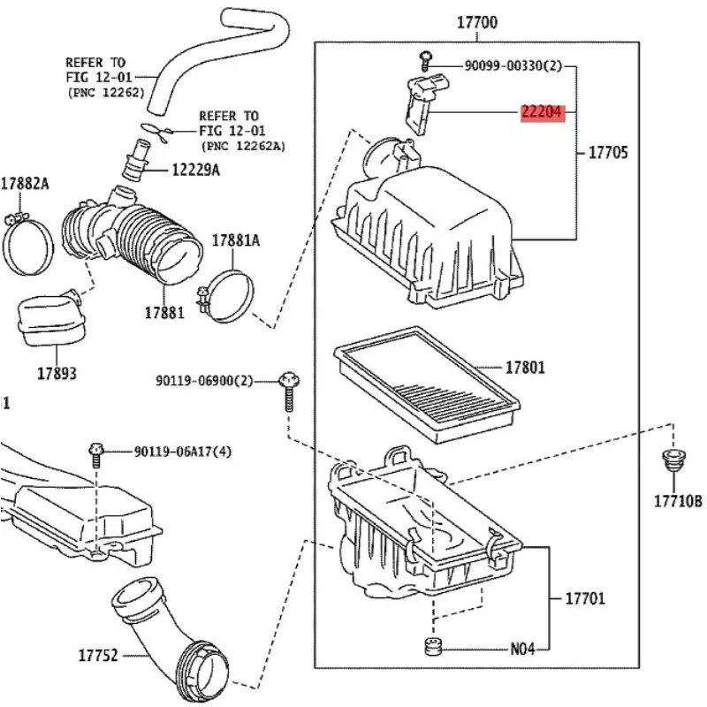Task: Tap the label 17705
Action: pyautogui.click(x=609, y=153)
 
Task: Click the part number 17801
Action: pyautogui.click(x=525, y=367)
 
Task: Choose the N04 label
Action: pyautogui.click(x=522, y=648)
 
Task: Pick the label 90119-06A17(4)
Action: pyautogui.click(x=186, y=451)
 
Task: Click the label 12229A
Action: pyautogui.click(x=195, y=170)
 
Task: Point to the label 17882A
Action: pyautogui.click(x=25, y=184)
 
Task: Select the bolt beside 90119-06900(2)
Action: pyautogui.click(x=288, y=393)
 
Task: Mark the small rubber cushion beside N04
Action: pyautogui.click(x=434, y=647)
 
